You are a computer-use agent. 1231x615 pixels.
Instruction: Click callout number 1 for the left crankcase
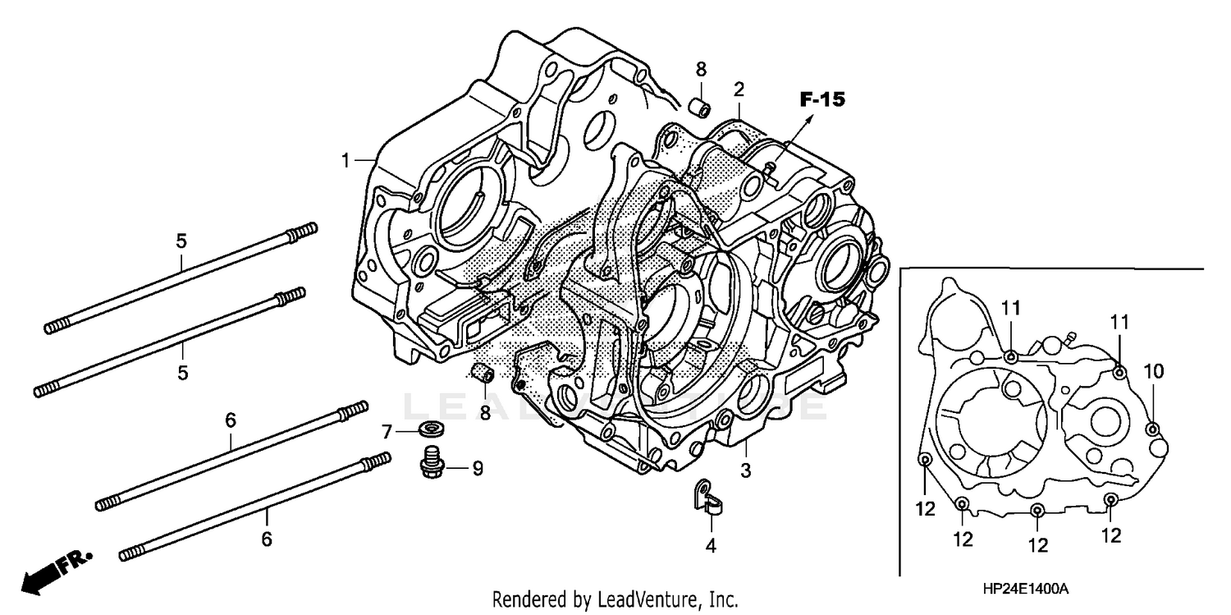tap(346, 160)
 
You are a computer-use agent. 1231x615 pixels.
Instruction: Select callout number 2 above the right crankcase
tap(739, 89)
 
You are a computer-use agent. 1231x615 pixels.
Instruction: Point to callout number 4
tap(711, 544)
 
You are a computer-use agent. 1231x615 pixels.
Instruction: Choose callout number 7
tap(388, 430)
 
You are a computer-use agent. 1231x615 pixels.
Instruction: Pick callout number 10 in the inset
tap(1154, 372)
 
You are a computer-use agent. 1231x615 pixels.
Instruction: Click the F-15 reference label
tap(821, 100)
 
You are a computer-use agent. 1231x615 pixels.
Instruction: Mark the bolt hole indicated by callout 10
tap(1152, 429)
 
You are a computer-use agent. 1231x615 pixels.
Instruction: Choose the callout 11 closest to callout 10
tap(1119, 321)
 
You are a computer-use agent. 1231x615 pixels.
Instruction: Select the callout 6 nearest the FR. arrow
tap(266, 539)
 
